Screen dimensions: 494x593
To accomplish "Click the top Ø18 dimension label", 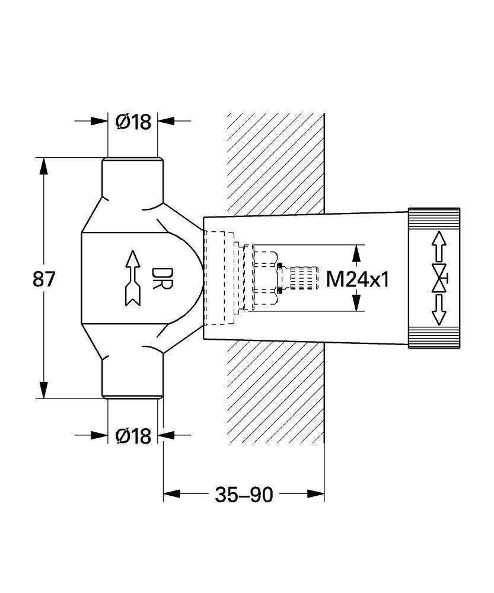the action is point(133,122).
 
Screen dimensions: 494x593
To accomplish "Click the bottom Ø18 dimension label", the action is point(133,436).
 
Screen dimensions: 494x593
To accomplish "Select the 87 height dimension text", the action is point(44,279).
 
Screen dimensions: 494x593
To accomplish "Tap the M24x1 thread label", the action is point(358,280).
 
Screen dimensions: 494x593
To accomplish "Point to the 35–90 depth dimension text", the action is point(244,495).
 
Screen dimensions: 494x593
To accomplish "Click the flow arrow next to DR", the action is point(132,278).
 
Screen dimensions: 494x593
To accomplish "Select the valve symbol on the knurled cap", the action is point(440,279).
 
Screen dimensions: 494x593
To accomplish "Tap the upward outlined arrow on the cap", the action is point(439,247).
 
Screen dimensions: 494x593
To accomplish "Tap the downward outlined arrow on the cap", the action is point(439,310).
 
